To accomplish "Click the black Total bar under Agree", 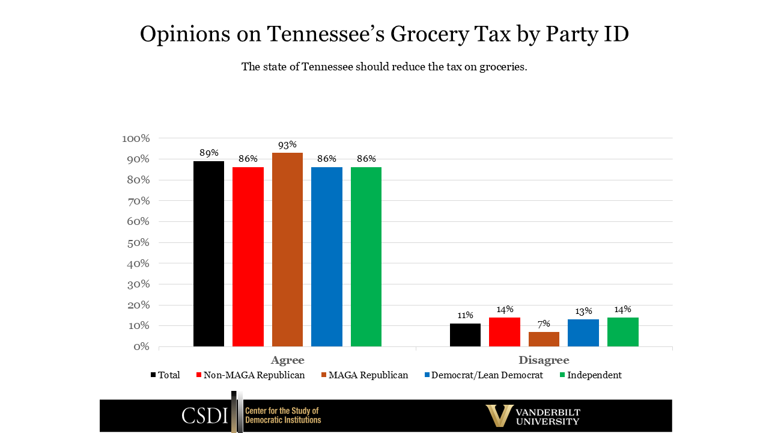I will (x=208, y=254).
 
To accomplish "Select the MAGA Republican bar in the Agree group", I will (x=287, y=250).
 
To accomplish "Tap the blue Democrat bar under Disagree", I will (x=583, y=333).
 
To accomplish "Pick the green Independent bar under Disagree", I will (x=622, y=332).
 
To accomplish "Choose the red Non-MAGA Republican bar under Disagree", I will (x=505, y=332).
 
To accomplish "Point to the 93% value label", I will (x=287, y=145).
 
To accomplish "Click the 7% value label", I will (x=544, y=324).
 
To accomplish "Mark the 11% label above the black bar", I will (x=465, y=315).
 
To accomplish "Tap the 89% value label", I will (x=208, y=153).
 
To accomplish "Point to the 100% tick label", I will (x=135, y=138).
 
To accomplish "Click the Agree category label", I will (x=287, y=360).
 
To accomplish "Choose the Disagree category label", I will (x=544, y=360).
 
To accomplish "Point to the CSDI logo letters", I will (x=205, y=416).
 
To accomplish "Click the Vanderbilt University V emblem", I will (x=499, y=415).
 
